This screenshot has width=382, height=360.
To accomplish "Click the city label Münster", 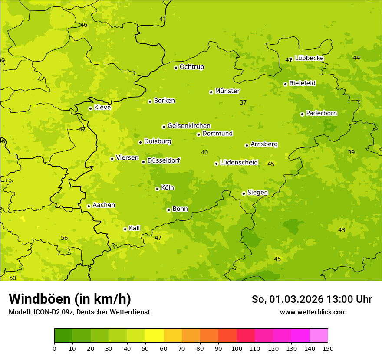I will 227,91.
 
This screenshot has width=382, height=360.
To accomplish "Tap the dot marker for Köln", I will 157,189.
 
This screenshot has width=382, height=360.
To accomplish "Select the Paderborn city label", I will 321,113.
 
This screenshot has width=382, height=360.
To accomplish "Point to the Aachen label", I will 104,205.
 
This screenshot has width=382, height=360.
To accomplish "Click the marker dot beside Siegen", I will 244,193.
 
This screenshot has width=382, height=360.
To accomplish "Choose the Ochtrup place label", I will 191,67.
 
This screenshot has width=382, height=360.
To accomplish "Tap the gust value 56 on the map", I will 64,238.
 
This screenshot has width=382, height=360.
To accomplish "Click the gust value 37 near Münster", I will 243,102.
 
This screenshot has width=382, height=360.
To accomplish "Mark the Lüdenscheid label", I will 239,163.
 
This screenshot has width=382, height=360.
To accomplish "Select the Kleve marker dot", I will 90,108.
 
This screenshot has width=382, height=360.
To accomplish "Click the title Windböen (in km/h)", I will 70,299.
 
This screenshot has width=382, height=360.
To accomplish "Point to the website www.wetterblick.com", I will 313,312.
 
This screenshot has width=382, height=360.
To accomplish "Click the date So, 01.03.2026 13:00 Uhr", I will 312,299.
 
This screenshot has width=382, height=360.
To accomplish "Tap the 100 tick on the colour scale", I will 237,348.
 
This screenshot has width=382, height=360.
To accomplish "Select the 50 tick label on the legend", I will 145,348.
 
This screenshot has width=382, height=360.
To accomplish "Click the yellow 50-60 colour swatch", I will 155,336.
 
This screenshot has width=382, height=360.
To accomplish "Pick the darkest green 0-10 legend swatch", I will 63,336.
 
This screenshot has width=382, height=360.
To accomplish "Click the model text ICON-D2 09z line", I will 79,312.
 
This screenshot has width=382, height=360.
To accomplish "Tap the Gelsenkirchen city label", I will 189,126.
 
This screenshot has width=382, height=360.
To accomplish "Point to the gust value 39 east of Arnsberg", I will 351,152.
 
